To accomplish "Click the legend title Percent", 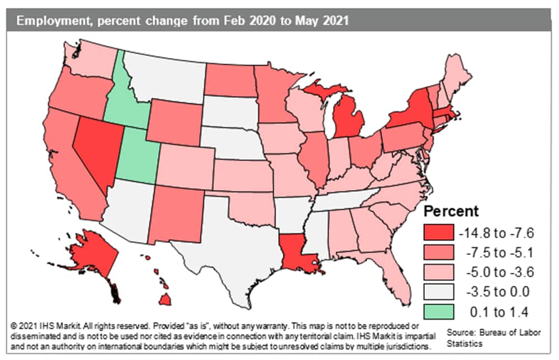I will point(451,212).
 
